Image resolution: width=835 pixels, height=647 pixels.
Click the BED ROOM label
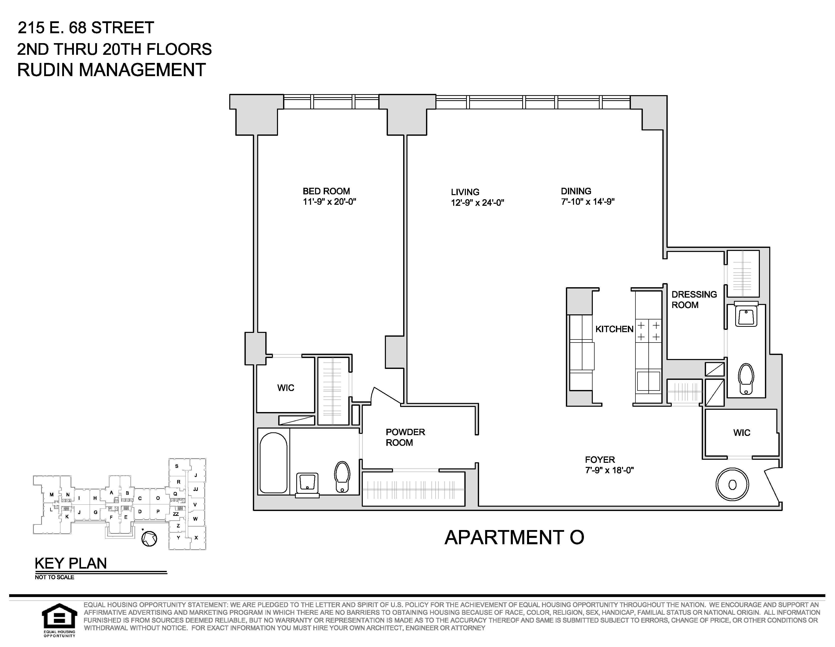click(326, 191)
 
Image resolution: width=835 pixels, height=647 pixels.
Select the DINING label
click(576, 191)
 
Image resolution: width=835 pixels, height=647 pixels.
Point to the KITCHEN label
click(614, 329)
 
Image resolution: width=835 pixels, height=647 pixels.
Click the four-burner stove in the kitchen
click(648, 331)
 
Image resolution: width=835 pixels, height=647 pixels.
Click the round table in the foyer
click(732, 485)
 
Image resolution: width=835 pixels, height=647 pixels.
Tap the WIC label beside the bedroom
click(286, 388)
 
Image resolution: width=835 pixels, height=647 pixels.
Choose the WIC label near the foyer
click(742, 433)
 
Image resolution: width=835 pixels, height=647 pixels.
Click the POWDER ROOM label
click(405, 437)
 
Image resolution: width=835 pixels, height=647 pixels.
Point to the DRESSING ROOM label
click(694, 300)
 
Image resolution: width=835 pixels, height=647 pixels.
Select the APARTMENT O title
click(514, 537)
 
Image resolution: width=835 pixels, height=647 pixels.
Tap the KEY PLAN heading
click(71, 563)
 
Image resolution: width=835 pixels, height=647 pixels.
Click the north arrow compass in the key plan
click(149, 538)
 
